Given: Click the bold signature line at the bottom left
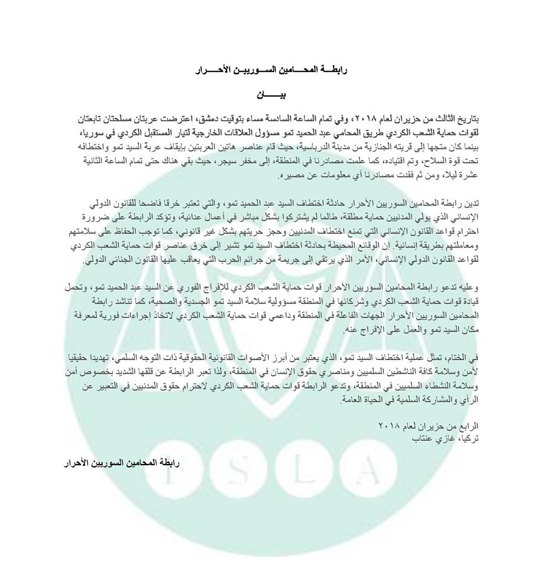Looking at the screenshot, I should (x=123, y=463).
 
